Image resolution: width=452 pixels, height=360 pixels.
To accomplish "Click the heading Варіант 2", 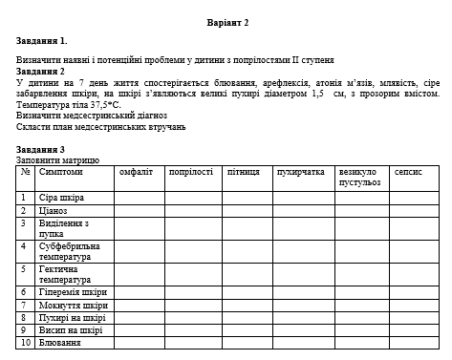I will pyautogui.click(x=226, y=21).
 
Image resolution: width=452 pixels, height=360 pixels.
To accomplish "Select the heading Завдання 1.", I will pyautogui.click(x=42, y=42).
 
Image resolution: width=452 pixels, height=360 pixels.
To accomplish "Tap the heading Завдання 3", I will pyautogui.click(x=42, y=149).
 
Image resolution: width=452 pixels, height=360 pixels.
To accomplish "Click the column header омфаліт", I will pyautogui.click(x=136, y=173).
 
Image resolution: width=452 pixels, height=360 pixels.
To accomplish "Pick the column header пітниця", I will pyautogui.click(x=244, y=173).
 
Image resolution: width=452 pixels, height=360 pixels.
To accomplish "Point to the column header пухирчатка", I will pyautogui.click(x=300, y=173).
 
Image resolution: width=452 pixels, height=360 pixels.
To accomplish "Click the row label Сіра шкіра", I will pyautogui.click(x=61, y=198).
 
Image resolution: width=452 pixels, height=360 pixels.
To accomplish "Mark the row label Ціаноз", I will pyautogui.click(x=54, y=211).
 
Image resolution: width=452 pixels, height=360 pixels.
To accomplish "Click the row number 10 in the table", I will pyautogui.click(x=26, y=342).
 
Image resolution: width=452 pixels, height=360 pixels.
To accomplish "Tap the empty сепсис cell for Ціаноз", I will pyautogui.click(x=415, y=211).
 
